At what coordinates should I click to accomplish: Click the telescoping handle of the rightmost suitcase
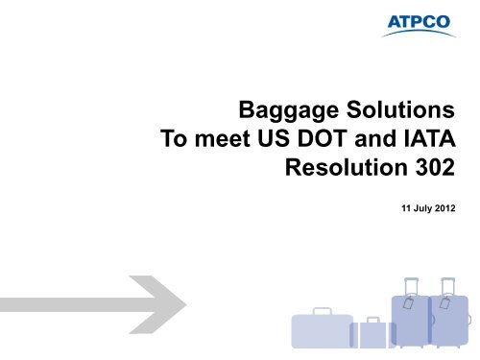pos(447,286)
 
